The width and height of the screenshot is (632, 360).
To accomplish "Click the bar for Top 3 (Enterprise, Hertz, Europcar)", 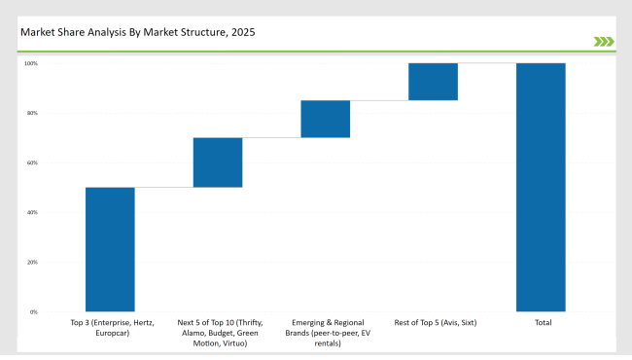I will (x=110, y=249).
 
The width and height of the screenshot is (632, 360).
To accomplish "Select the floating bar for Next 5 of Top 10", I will (x=218, y=162).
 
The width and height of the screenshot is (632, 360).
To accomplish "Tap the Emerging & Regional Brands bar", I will (x=325, y=119).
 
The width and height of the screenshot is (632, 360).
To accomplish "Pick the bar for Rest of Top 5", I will (x=433, y=82).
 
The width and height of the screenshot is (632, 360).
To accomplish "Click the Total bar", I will (x=541, y=187).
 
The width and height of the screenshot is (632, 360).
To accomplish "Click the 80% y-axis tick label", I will (x=31, y=114).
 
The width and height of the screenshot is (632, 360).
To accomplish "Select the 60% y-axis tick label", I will (x=31, y=163).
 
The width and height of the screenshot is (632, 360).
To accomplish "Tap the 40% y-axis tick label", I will (x=31, y=213).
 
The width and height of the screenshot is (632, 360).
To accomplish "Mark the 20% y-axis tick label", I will (x=31, y=263).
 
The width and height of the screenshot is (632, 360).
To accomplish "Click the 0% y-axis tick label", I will (x=33, y=312).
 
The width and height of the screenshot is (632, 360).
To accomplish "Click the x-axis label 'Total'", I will (x=541, y=322).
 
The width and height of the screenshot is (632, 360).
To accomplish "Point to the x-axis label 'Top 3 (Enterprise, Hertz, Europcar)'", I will (x=110, y=327).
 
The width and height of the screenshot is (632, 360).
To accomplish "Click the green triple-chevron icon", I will (x=604, y=41).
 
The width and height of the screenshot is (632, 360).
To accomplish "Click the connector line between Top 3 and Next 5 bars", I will (x=163, y=187).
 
